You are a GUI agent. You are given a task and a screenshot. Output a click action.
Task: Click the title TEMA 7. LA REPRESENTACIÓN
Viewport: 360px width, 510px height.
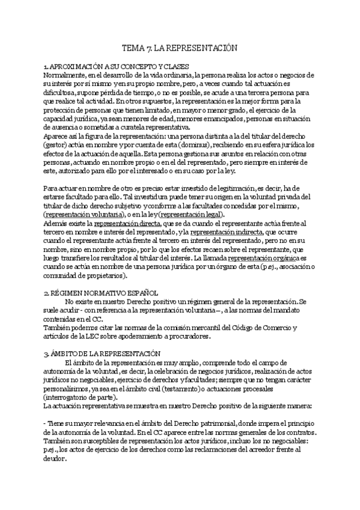click(x=180, y=46)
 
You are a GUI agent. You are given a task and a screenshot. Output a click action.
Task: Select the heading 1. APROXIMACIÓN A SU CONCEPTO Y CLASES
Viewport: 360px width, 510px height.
click(x=117, y=66)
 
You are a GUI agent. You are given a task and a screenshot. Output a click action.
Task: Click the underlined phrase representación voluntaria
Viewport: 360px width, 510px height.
click(x=82, y=215)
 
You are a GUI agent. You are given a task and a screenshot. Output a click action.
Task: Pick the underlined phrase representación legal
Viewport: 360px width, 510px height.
click(x=191, y=215)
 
